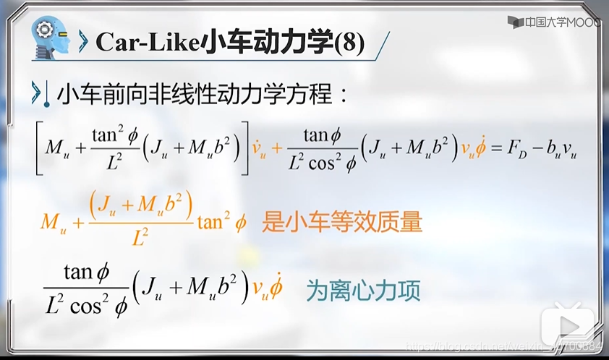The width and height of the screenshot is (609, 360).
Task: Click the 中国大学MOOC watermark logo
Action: pos(553,23)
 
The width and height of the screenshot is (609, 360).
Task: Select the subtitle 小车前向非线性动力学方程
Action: pos(203,94)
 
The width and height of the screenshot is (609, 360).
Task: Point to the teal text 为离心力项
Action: pos(363,291)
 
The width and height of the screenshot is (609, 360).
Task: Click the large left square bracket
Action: pos(38,148)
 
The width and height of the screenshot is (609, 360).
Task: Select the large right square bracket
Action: pos(243,148)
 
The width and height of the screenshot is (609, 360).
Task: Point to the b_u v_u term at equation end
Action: pos(561,150)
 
